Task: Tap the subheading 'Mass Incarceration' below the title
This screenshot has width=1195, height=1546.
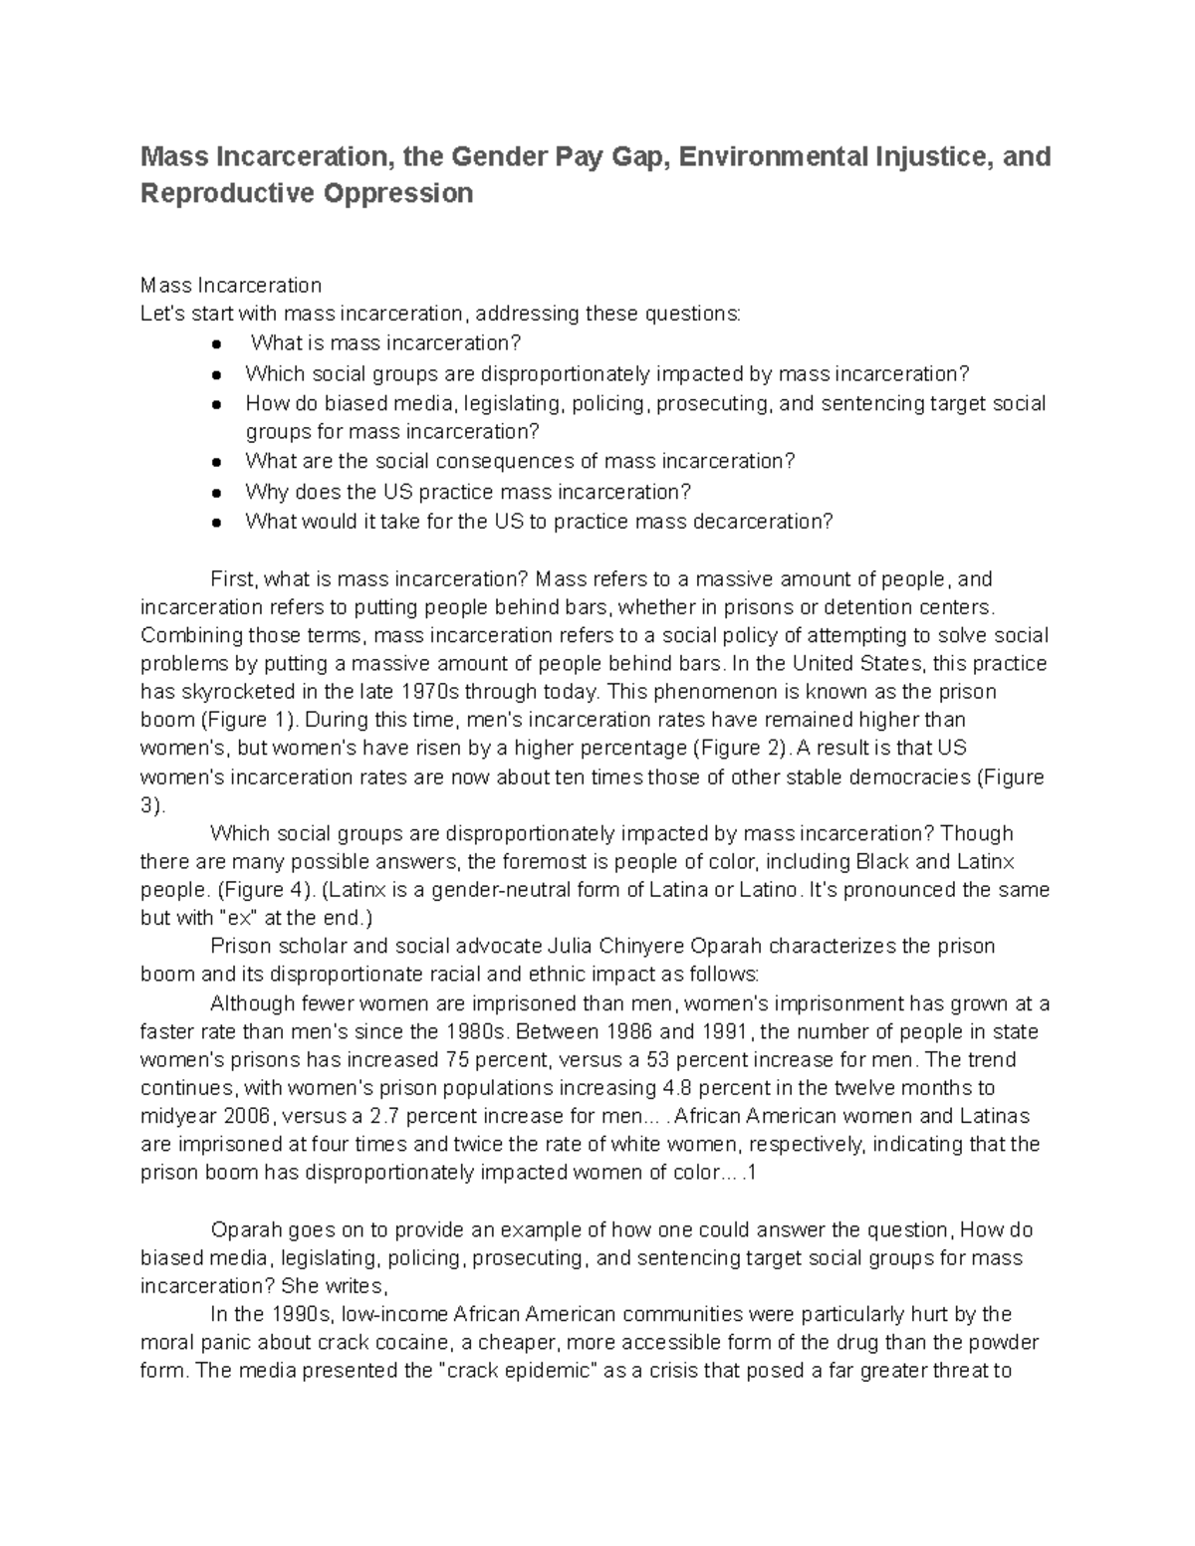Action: click(x=231, y=286)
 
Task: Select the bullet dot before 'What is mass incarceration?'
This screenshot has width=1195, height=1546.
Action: click(x=216, y=344)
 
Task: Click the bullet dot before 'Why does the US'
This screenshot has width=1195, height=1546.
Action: click(x=216, y=493)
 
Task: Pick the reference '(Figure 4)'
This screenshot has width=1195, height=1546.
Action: click(x=264, y=889)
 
